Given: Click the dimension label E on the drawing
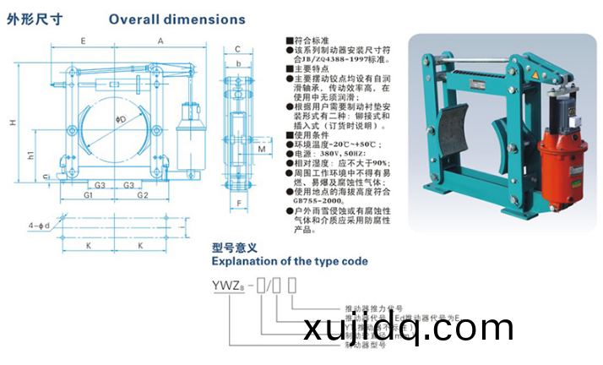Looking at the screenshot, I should tap(82, 41).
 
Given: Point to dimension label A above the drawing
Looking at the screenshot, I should tap(160, 41).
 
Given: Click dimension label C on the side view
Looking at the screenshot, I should tap(239, 49).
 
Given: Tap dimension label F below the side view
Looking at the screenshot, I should tap(239, 204).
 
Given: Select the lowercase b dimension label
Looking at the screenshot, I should tap(239, 63).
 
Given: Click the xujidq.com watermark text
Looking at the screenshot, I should tap(438, 327).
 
